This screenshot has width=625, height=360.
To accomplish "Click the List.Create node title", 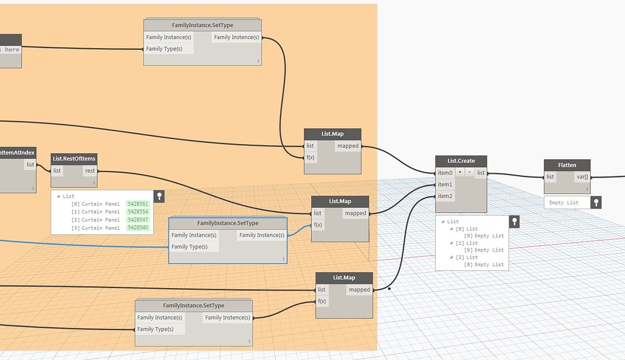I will tap(461, 161).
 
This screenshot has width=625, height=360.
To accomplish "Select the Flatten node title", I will tap(567, 165).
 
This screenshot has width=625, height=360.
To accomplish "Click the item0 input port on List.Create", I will tap(445, 173).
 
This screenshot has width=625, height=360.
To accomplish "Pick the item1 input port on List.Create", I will tap(445, 184).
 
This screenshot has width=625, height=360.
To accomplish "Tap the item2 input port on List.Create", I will tap(445, 196).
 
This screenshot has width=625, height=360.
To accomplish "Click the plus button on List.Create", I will tap(460, 173).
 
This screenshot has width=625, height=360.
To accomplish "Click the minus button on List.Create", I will tap(469, 173).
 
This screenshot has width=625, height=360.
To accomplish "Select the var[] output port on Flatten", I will tap(582, 177).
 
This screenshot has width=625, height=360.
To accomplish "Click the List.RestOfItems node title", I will tap(74, 159).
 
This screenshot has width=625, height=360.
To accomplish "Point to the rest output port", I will tap(90, 171).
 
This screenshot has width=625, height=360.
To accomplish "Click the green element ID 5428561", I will tap(137, 204).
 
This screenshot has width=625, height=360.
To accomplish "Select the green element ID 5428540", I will tap(137, 228).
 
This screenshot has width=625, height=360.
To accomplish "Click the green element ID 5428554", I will tap(137, 212).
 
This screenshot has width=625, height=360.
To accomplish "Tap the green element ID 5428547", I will tap(137, 220).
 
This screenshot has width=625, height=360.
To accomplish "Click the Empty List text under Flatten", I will tap(564, 203).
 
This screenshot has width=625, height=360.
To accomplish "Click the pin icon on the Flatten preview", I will tap(596, 202).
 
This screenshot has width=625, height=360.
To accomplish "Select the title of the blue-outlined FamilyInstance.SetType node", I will tap(228, 223).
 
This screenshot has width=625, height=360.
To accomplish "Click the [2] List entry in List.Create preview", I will tap(467, 257).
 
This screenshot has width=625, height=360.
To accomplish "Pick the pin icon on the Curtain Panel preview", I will tap(159, 196).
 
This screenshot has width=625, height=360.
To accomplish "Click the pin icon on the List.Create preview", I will tap(514, 221).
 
